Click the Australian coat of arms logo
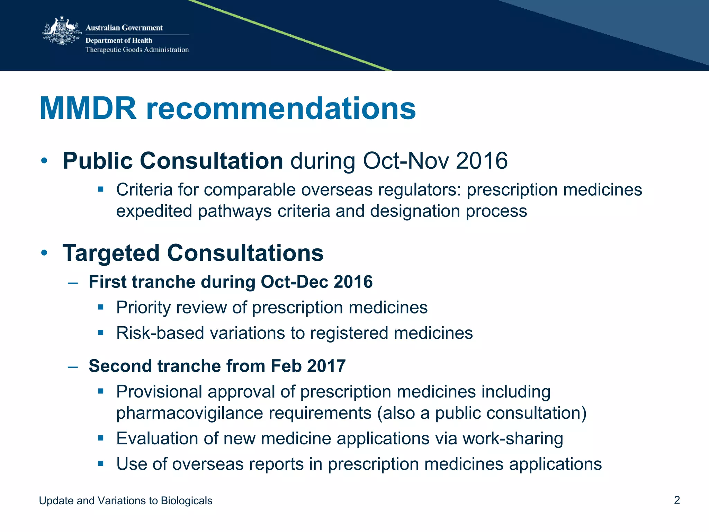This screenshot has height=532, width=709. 62,31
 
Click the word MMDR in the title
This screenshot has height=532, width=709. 88,109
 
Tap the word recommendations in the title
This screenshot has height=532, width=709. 281,109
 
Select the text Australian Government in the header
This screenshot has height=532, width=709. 124,28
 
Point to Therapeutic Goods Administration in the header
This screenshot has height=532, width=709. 137,50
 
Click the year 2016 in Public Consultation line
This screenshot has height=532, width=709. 482,161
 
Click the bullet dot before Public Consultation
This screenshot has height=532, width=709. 44,161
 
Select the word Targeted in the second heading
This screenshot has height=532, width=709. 111,253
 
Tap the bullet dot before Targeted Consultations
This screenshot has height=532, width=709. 44,253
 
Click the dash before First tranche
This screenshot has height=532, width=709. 73,283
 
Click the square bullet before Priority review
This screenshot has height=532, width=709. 101,307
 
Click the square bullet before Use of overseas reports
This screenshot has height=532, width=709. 101,464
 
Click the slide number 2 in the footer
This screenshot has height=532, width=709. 677,500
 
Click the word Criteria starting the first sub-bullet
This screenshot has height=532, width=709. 144,190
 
